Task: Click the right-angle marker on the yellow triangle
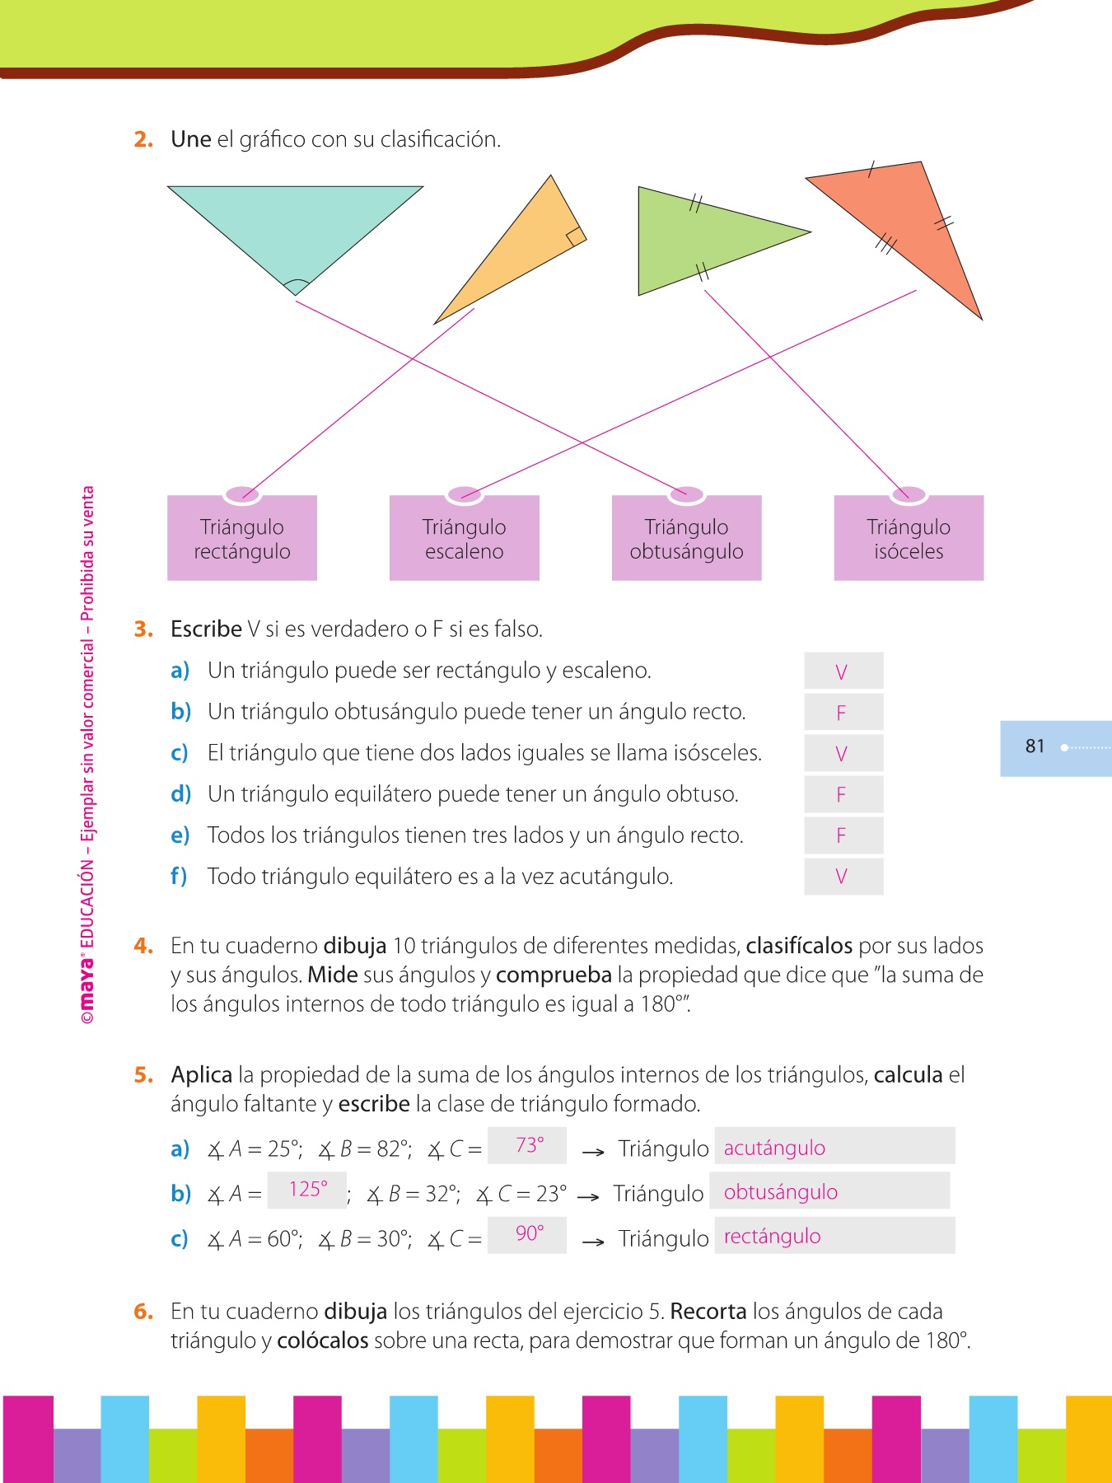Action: click(x=576, y=236)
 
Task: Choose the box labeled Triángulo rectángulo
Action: click(x=242, y=539)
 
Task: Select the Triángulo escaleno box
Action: click(x=465, y=539)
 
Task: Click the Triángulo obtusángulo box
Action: click(x=686, y=539)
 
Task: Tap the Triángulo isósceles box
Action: click(x=909, y=539)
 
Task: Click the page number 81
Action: click(x=1035, y=746)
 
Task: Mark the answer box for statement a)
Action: click(x=843, y=671)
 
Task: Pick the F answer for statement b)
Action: click(x=842, y=713)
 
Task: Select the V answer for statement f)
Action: click(x=842, y=877)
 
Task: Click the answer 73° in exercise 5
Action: click(x=529, y=1145)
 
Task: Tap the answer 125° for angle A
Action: click(x=308, y=1189)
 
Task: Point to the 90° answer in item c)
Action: click(x=529, y=1233)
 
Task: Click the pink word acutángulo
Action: click(x=774, y=1148)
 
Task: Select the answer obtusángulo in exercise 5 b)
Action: click(x=780, y=1192)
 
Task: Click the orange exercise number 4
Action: click(x=143, y=946)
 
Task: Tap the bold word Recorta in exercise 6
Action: click(x=708, y=1311)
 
